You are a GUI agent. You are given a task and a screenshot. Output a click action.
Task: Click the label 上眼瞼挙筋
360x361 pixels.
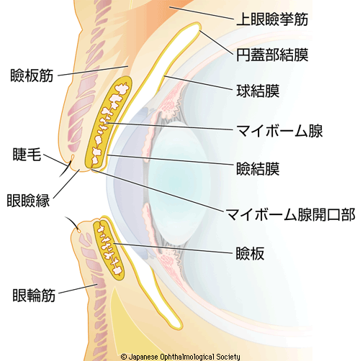click(272, 19)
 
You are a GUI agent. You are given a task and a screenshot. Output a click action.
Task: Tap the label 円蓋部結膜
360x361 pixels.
click(272, 55)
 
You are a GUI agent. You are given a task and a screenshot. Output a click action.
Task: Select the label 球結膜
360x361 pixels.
click(258, 91)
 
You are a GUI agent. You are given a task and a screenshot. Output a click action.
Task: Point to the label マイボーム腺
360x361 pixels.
click(279, 131)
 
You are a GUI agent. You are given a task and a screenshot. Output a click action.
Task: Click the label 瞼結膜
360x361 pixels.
click(258, 169)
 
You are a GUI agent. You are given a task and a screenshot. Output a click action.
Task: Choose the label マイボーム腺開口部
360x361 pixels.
click(291, 214)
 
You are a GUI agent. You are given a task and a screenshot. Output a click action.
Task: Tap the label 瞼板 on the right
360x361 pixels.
click(250, 253)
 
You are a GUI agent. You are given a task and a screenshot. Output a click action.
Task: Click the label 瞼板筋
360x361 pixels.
click(32, 76)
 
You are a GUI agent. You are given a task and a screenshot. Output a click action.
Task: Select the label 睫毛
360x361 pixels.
click(27, 154)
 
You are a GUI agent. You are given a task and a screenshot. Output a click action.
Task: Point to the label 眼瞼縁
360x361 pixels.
click(28, 201)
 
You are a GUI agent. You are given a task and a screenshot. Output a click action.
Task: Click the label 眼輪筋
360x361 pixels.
click(34, 295)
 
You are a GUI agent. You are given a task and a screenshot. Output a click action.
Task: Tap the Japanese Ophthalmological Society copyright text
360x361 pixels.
click(180, 357)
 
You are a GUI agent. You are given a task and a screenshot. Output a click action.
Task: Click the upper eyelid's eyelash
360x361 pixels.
click(66, 169)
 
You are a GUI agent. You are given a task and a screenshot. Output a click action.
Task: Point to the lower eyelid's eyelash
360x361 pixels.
click(71, 223)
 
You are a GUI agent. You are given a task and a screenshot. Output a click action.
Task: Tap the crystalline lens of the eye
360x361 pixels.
click(178, 183)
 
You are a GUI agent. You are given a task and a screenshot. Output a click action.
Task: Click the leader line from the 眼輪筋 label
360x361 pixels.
click(78, 288)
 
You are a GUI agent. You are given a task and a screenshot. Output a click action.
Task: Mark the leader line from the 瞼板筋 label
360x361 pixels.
click(93, 70)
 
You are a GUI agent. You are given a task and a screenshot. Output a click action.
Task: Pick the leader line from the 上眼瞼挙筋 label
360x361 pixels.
click(202, 13)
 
